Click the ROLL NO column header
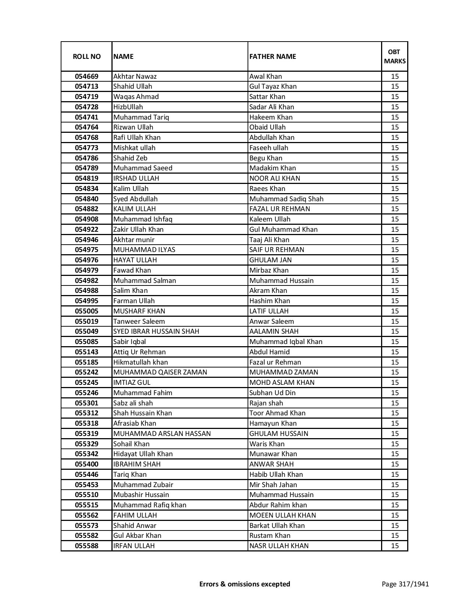86,56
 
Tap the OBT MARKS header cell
395,56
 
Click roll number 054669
86,77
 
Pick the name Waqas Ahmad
136,97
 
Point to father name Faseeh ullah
269,148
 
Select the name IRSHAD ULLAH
136,178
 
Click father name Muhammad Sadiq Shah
286,199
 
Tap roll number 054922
86,230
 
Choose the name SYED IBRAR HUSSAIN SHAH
156,331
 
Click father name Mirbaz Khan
269,270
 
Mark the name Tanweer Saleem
139,322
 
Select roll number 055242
86,372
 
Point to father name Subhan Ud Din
272,393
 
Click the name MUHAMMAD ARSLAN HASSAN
162,434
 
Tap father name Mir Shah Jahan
273,485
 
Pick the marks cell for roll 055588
395,546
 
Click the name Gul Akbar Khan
137,536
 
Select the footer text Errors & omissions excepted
245,584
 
